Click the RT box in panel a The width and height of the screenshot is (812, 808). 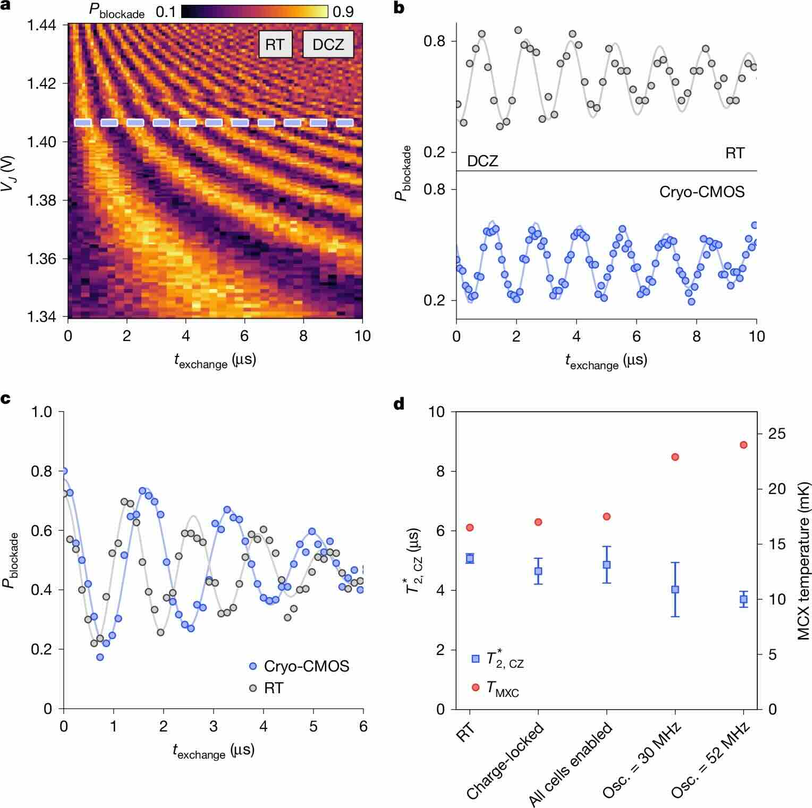(x=275, y=45)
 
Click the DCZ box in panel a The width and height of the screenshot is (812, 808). (x=328, y=45)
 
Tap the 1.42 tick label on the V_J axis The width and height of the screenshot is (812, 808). (x=41, y=83)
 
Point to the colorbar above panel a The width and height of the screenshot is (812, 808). (x=255, y=12)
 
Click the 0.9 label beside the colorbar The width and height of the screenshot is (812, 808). (x=343, y=12)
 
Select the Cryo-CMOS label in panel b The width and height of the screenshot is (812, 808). (x=701, y=192)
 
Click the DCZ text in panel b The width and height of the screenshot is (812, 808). (x=483, y=160)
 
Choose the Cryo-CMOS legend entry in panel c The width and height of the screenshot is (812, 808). (x=299, y=666)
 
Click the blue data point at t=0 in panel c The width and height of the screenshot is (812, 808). (x=64, y=471)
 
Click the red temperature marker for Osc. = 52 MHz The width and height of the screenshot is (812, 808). (x=743, y=445)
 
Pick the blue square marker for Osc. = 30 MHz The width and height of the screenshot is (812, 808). (x=675, y=589)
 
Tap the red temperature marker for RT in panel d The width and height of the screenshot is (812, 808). (x=470, y=528)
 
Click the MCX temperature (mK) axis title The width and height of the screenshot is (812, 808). (x=802, y=560)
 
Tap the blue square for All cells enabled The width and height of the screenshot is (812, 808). (x=606, y=565)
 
